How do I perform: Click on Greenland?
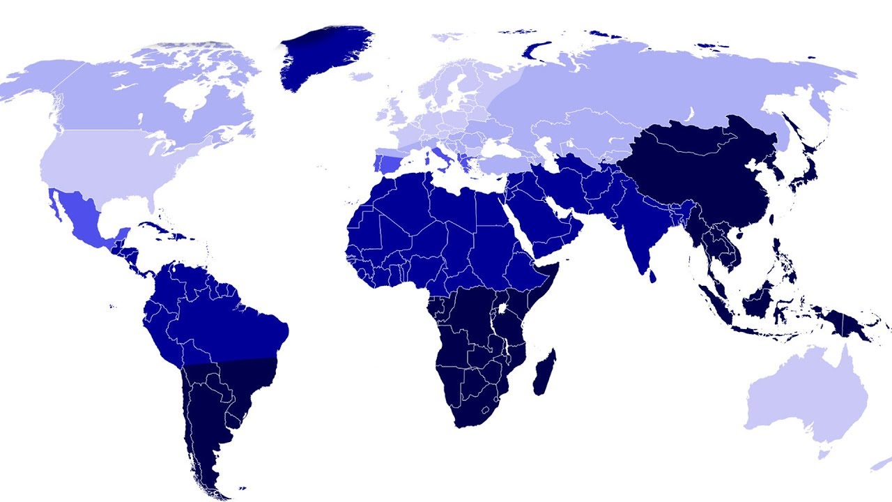pos(321,56)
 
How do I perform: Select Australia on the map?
pos(801,397)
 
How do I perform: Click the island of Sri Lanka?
pos(652,276)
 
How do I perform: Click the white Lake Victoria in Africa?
pos(501,307)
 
